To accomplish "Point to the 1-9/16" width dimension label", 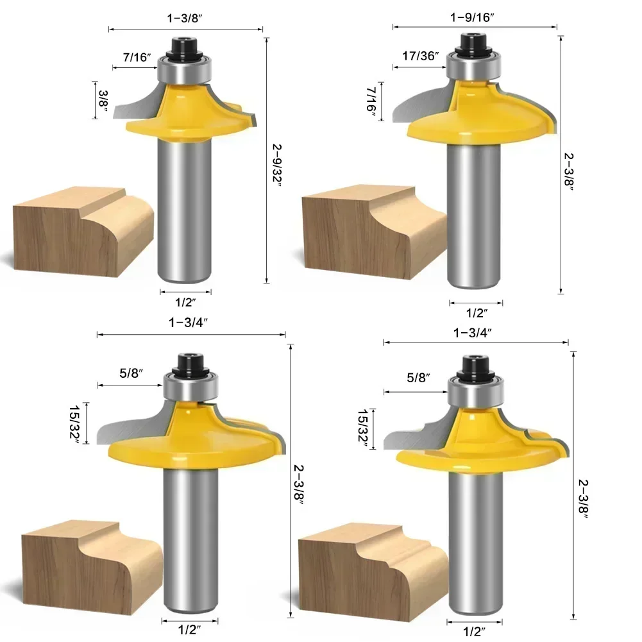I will click(x=475, y=18).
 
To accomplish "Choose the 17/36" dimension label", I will click(x=421, y=55).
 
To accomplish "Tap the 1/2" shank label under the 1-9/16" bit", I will click(x=477, y=313).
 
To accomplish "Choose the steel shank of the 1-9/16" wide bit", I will click(x=475, y=218).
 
